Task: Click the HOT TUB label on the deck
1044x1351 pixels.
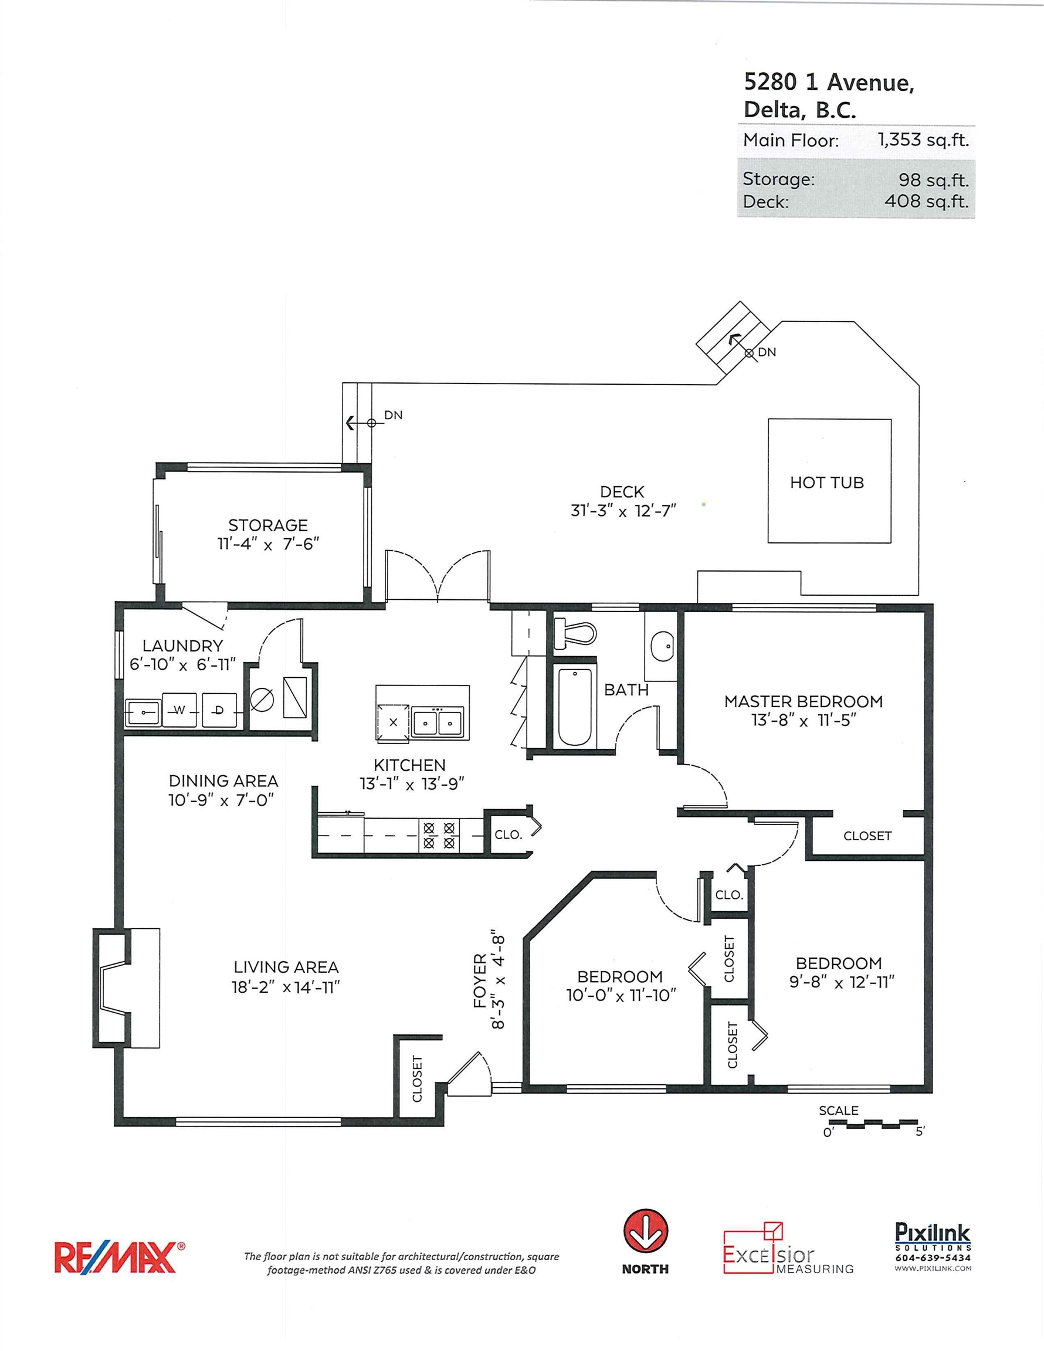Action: [826, 483]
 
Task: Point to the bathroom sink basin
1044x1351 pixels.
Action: [662, 646]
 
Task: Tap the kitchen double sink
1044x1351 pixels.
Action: [438, 721]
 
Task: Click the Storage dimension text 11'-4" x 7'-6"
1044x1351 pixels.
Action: [268, 544]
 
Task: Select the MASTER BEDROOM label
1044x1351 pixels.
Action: [804, 701]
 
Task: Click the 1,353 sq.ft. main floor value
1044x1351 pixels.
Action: [923, 140]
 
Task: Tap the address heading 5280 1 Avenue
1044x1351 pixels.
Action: [829, 82]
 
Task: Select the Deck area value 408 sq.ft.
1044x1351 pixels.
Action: [927, 201]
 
